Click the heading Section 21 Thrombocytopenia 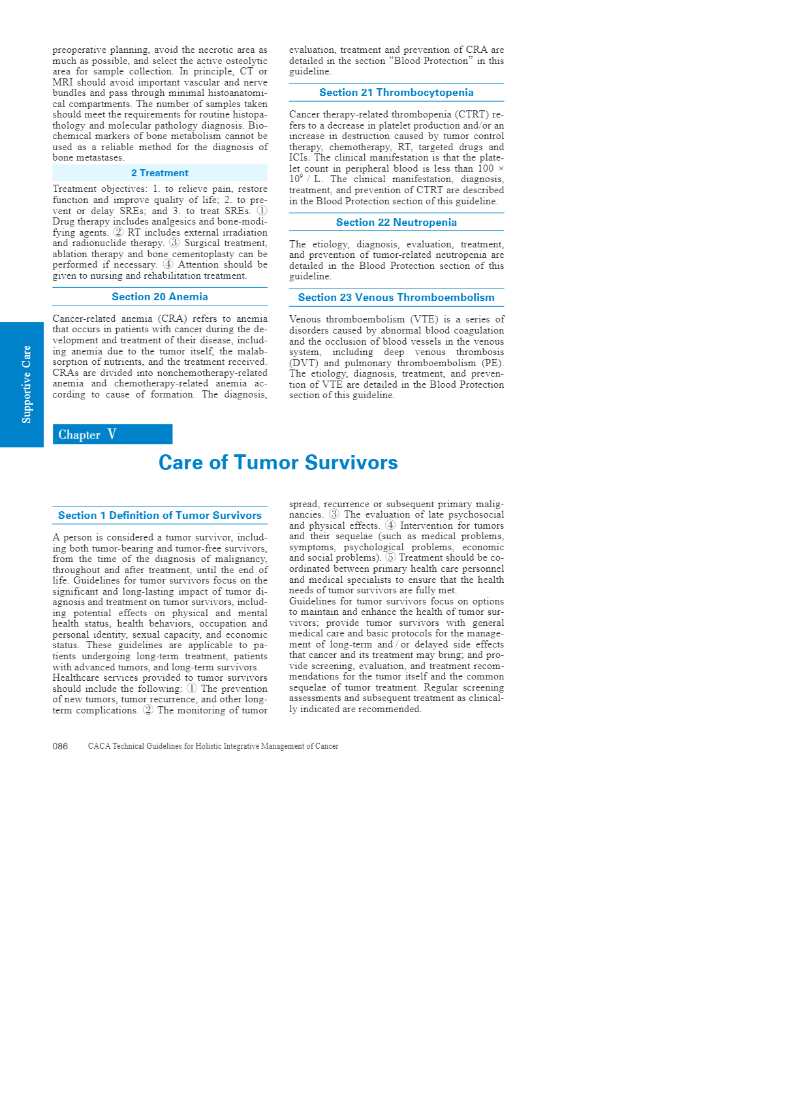click(x=396, y=93)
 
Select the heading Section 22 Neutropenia click(x=396, y=223)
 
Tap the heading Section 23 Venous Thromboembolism click(x=396, y=298)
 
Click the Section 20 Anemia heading click(x=160, y=297)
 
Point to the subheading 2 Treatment click(x=160, y=173)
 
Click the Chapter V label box click(x=112, y=435)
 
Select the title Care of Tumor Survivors click(x=278, y=463)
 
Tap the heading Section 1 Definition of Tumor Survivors click(x=160, y=516)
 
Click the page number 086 click(x=60, y=746)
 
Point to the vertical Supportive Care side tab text click(x=27, y=384)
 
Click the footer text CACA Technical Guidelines click(x=213, y=746)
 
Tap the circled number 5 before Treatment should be click(x=390, y=558)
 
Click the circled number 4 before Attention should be click(x=168, y=265)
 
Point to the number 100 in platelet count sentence click(x=486, y=169)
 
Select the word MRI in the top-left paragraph click(x=63, y=83)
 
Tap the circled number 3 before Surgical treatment click(x=174, y=243)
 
